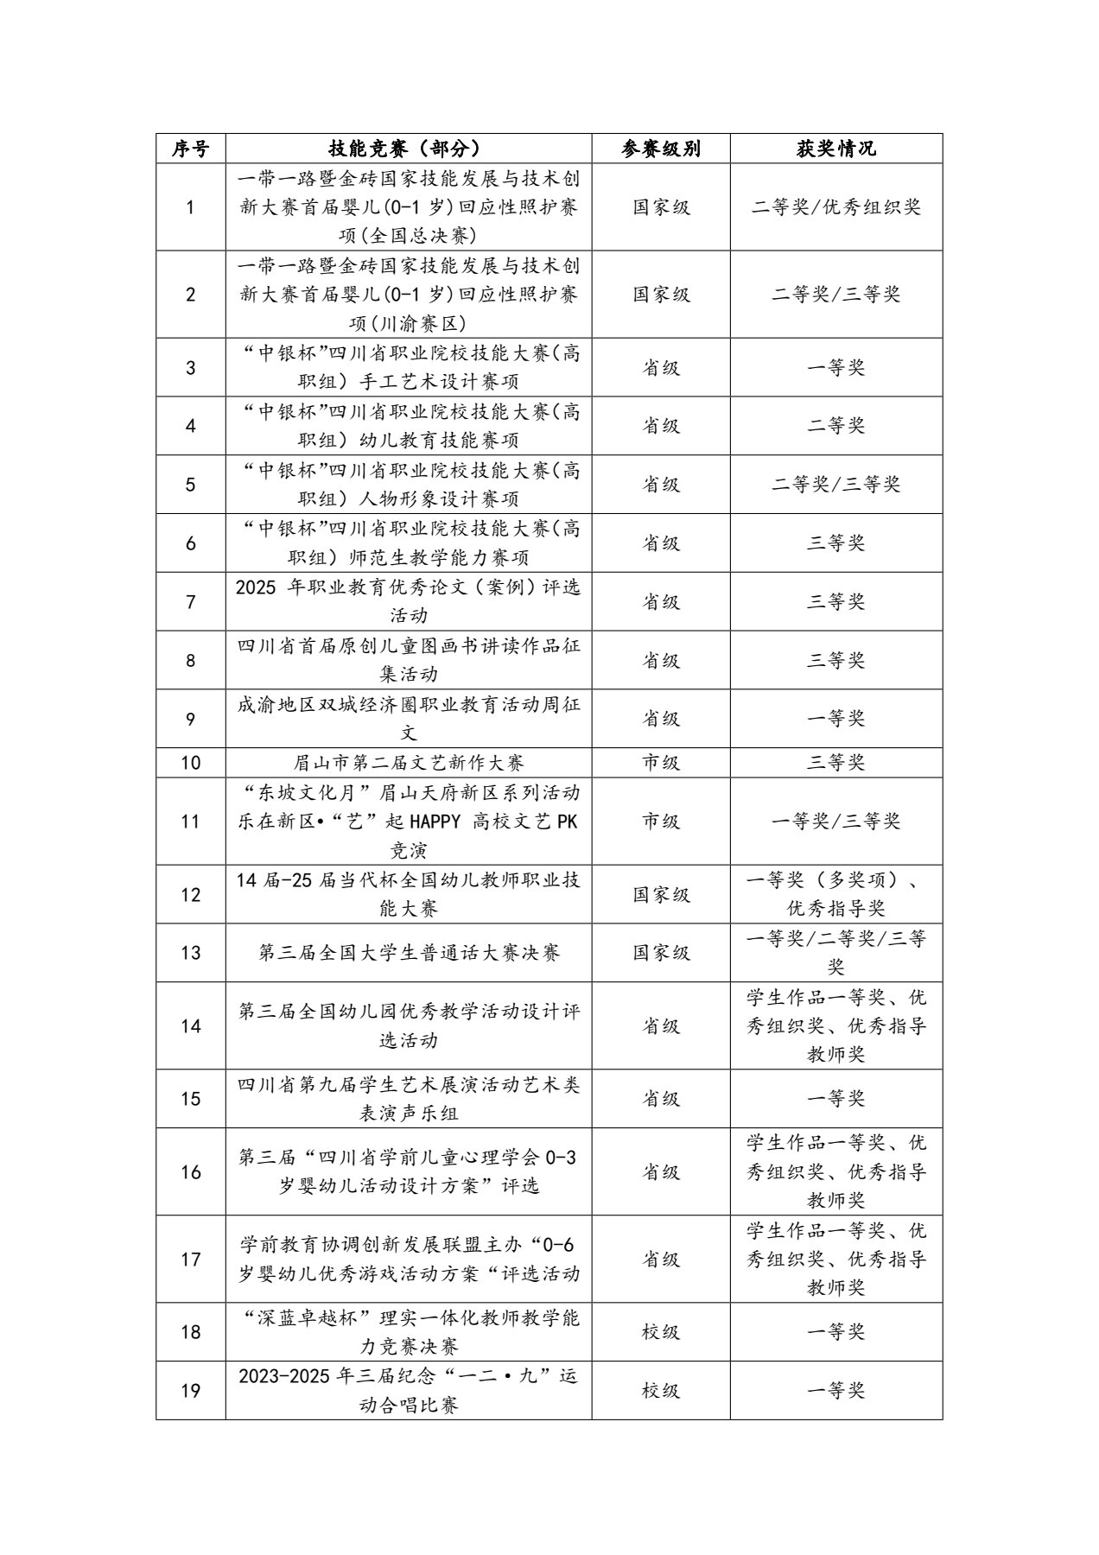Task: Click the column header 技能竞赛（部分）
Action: (x=408, y=149)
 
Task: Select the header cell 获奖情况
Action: (x=835, y=149)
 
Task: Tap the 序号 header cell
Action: (x=190, y=149)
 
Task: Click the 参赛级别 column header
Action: (x=660, y=149)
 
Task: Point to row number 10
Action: (x=190, y=763)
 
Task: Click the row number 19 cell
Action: (x=190, y=1391)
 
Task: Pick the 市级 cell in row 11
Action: (x=660, y=821)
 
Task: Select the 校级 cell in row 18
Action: (x=660, y=1332)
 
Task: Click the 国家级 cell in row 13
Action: (x=660, y=952)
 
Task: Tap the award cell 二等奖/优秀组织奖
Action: (x=835, y=207)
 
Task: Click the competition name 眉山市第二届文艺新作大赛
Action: (x=408, y=763)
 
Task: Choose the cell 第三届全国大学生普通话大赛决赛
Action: (x=408, y=952)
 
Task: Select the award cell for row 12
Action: (x=835, y=894)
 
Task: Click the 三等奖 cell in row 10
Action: (x=835, y=763)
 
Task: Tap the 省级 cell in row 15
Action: (x=660, y=1099)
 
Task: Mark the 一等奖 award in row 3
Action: (x=835, y=367)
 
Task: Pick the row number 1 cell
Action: (x=190, y=207)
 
